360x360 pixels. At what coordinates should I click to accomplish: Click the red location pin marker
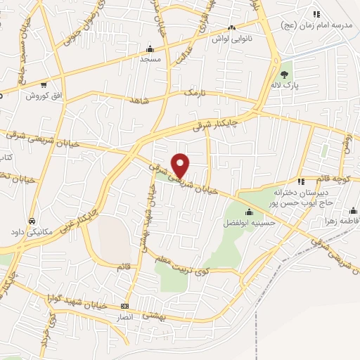(x=181, y=165)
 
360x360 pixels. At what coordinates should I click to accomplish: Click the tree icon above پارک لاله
(x=285, y=74)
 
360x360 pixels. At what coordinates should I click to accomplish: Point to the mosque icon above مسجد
(x=149, y=49)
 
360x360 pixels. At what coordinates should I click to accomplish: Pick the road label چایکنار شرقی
(x=215, y=122)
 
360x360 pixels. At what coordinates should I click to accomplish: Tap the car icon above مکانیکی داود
(x=32, y=220)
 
